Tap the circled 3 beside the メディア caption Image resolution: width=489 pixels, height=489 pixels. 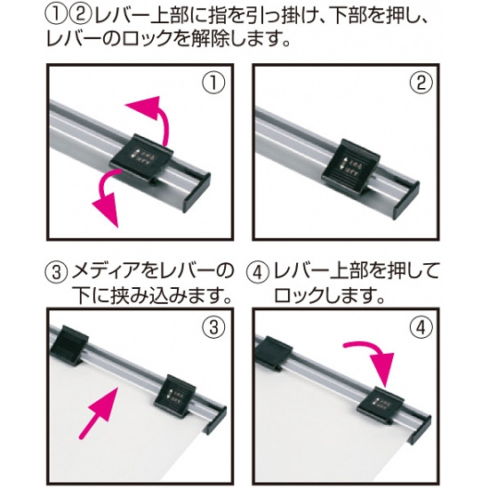(x=55, y=270)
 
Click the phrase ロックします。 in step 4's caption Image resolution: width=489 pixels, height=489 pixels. (x=328, y=293)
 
